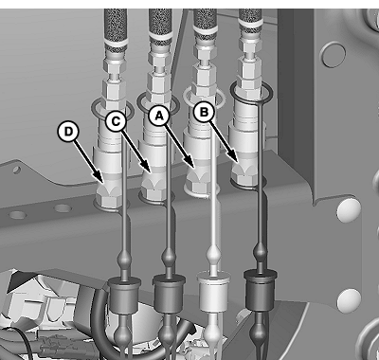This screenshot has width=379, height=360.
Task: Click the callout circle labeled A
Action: pos(159,117)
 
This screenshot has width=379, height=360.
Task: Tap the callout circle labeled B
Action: pos(205,112)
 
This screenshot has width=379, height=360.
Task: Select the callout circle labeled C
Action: pos(117,121)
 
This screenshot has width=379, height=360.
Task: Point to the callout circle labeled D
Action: pos(68,132)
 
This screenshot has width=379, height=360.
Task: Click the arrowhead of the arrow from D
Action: pos(99,178)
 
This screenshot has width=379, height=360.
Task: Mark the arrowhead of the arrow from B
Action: pos(235,158)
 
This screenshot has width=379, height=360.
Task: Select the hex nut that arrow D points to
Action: pos(109,195)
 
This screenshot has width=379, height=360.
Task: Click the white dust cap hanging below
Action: pos(213,292)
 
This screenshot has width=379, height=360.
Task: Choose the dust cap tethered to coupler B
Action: pos(261,290)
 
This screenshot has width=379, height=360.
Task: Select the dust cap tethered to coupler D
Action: pos(124,297)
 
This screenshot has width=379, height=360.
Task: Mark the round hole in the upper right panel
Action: pos(334,55)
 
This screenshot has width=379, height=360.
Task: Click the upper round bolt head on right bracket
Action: pos(349,210)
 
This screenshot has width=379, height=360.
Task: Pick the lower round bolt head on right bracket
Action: pos(349,300)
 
